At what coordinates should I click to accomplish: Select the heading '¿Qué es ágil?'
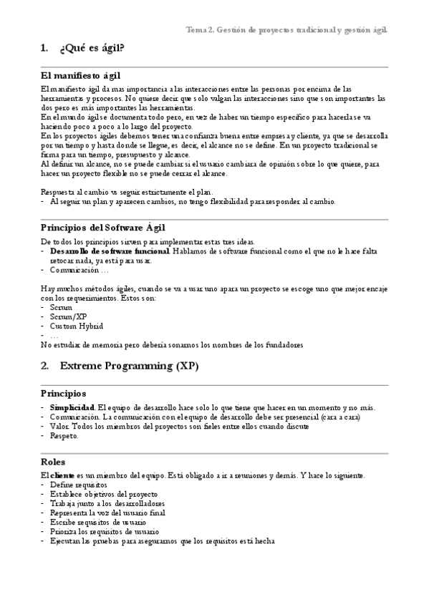coord(92,48)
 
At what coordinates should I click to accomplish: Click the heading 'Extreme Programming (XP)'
coord(129,366)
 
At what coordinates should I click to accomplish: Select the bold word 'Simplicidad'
coord(72,407)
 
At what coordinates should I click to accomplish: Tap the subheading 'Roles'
coord(53,462)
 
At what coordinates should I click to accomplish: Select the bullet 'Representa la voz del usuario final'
coord(107,513)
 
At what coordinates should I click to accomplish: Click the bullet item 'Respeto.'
coord(64,435)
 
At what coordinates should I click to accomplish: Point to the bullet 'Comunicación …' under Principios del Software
coord(79,271)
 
